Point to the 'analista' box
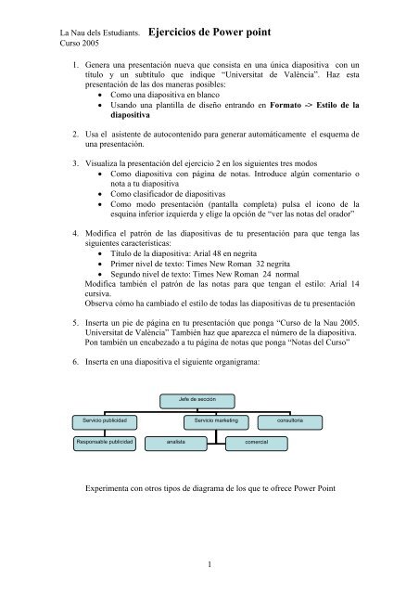coord(177,444)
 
